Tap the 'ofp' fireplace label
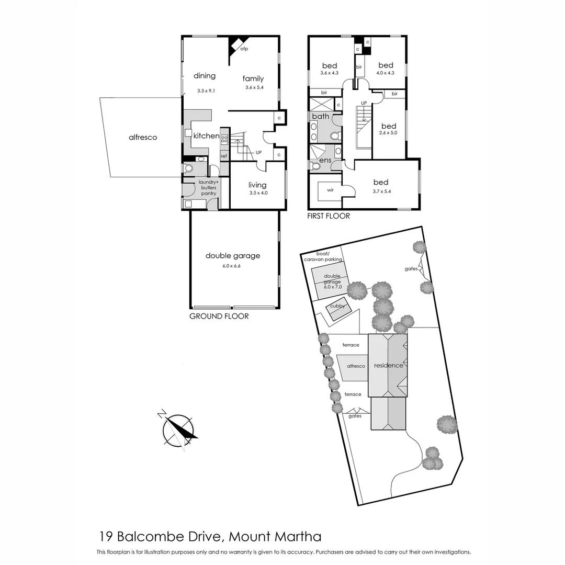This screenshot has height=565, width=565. click(x=244, y=49)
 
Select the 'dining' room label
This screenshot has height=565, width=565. click(x=205, y=76)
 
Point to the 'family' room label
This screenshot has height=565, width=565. click(x=253, y=79)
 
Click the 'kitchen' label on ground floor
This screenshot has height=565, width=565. click(x=207, y=136)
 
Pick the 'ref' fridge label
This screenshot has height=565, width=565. click(x=224, y=156)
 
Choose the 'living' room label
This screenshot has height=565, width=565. click(x=257, y=185)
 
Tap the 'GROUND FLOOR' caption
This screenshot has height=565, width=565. click(x=219, y=317)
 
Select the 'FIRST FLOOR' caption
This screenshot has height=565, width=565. click(x=329, y=216)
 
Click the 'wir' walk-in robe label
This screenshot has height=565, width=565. click(x=330, y=190)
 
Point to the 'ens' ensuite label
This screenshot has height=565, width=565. click(x=325, y=160)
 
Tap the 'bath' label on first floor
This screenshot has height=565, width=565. click(x=321, y=116)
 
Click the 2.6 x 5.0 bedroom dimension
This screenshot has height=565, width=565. click(x=388, y=133)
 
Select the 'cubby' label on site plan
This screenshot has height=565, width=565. click(x=338, y=307)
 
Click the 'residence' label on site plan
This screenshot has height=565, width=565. click(x=389, y=366)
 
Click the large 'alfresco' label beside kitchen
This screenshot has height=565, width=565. click(x=143, y=138)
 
